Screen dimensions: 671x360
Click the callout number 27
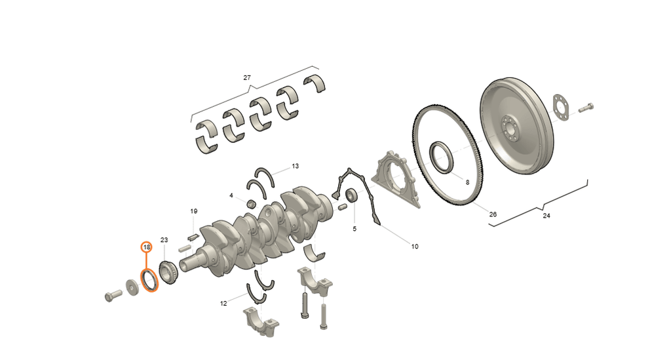tap(247, 78)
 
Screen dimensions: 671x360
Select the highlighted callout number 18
tap(147, 247)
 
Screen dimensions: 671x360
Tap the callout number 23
tap(164, 240)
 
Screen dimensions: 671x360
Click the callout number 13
tap(296, 166)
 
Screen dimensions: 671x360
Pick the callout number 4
tap(231, 195)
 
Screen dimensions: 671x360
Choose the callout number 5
tap(355, 229)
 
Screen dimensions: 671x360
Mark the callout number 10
tap(415, 247)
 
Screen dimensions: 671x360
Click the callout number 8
tap(467, 182)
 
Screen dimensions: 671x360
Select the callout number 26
tap(493, 214)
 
